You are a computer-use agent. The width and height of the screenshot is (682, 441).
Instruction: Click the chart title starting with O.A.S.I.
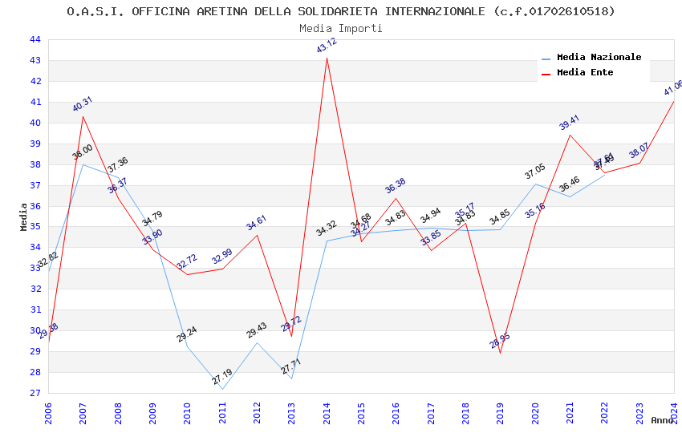click(341, 11)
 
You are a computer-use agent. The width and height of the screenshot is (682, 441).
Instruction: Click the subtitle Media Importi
click(341, 28)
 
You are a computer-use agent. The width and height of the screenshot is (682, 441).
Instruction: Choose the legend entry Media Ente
click(585, 72)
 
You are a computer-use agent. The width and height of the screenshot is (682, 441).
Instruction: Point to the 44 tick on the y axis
click(35, 39)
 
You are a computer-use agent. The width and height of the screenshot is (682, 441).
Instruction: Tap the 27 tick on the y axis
click(35, 393)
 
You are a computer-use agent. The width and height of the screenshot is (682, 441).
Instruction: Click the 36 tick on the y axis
click(35, 206)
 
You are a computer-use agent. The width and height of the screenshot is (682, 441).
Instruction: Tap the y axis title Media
click(24, 216)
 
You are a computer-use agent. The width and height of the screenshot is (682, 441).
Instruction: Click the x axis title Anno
click(662, 420)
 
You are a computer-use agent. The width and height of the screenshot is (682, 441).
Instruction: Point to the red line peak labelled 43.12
click(327, 58)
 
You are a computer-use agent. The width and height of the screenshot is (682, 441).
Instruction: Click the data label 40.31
click(83, 104)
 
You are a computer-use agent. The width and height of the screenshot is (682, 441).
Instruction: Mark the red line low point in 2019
click(500, 353)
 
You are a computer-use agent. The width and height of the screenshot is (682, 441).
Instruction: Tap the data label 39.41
click(569, 123)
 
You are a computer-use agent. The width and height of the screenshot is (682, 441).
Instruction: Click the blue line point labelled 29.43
click(257, 342)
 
